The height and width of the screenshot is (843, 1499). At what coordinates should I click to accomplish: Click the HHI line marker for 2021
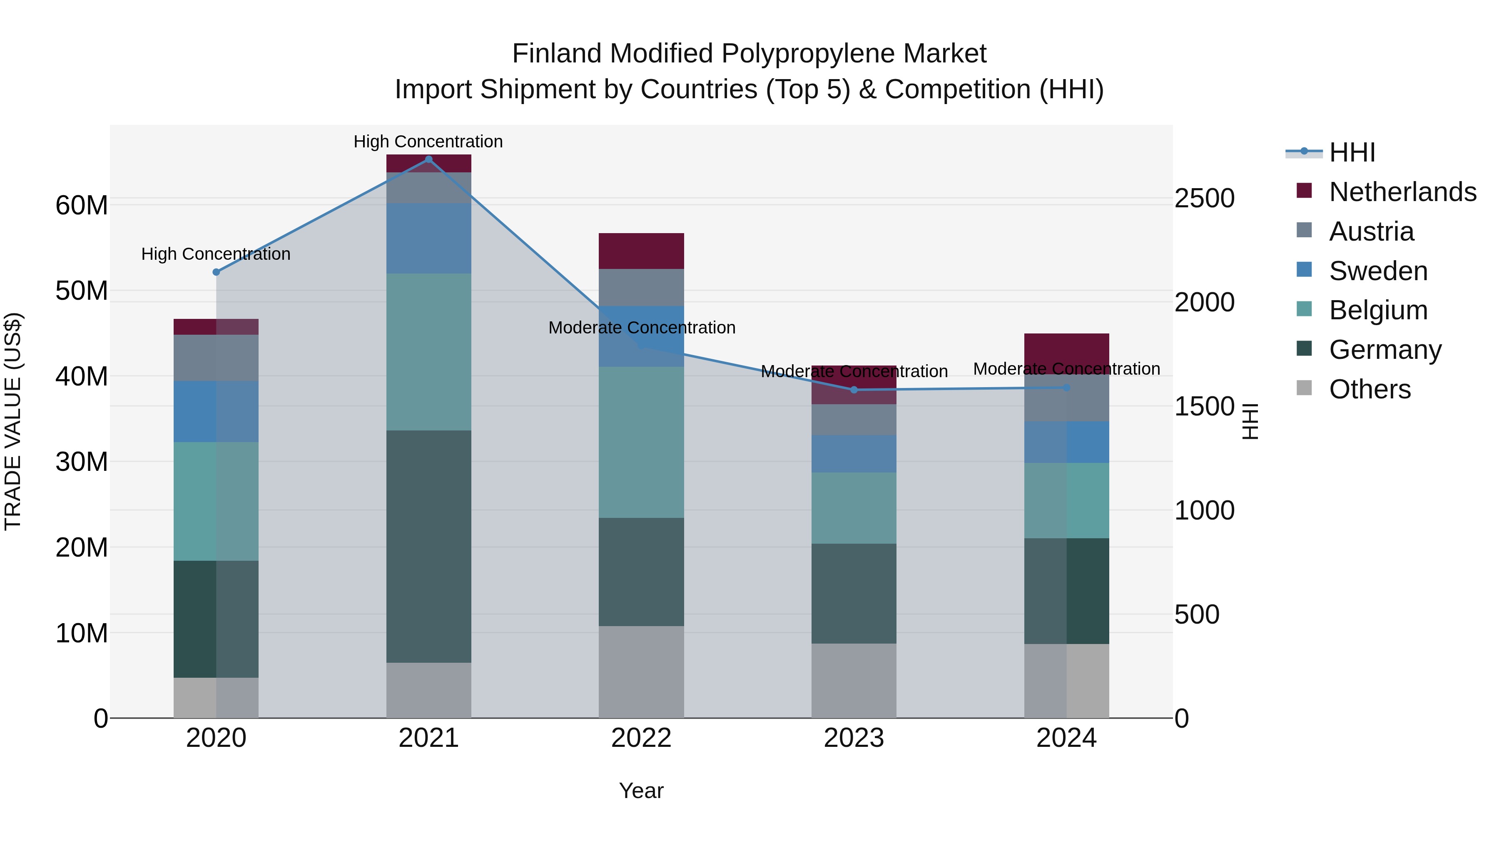pyautogui.click(x=428, y=159)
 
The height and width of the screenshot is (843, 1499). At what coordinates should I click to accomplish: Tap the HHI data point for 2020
pyautogui.click(x=217, y=272)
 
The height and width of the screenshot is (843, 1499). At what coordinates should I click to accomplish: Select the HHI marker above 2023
pyautogui.click(x=854, y=390)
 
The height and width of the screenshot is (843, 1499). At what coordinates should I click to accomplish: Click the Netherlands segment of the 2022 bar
pyautogui.click(x=641, y=251)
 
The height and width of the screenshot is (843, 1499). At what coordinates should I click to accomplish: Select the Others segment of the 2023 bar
pyautogui.click(x=854, y=680)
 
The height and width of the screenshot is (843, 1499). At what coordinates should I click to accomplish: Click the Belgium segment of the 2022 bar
pyautogui.click(x=641, y=442)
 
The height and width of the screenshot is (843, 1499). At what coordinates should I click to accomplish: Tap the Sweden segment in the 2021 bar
pyautogui.click(x=428, y=238)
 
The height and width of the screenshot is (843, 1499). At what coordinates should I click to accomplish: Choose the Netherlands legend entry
pyautogui.click(x=1402, y=192)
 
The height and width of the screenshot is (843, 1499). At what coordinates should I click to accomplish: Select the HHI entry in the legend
pyautogui.click(x=1352, y=152)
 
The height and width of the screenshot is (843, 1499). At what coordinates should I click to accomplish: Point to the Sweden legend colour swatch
pyautogui.click(x=1304, y=270)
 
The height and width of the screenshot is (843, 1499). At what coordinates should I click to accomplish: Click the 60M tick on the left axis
pyautogui.click(x=82, y=205)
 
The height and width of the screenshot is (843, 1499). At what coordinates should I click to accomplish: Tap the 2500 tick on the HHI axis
pyautogui.click(x=1204, y=199)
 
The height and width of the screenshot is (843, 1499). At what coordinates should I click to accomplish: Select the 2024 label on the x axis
pyautogui.click(x=1066, y=738)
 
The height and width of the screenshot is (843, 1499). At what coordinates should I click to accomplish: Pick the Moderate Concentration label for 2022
pyautogui.click(x=641, y=328)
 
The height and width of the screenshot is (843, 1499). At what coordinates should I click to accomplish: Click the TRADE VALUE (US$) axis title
pyautogui.click(x=13, y=421)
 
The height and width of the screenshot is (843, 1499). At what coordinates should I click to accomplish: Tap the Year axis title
pyautogui.click(x=641, y=791)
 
